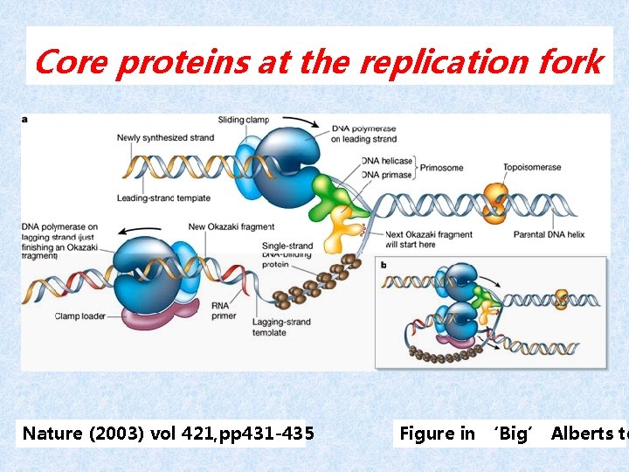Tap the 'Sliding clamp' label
pyautogui.click(x=244, y=120)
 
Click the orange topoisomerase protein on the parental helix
pyautogui.click(x=497, y=201)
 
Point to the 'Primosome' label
pyautogui.click(x=440, y=167)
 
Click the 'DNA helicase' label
pyautogui.click(x=387, y=162)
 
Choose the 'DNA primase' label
pyautogui.click(x=387, y=174)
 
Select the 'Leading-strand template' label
pyautogui.click(x=163, y=198)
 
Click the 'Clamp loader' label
pyautogui.click(x=80, y=316)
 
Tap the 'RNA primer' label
pyautogui.click(x=224, y=310)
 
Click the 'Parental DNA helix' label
pyautogui.click(x=543, y=234)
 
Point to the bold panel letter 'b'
pyautogui.click(x=384, y=263)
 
